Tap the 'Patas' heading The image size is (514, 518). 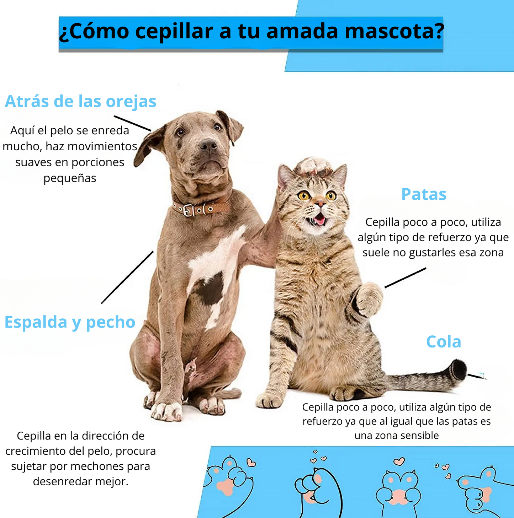click(x=424, y=194)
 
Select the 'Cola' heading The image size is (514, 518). click(x=444, y=342)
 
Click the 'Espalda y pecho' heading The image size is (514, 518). click(x=70, y=322)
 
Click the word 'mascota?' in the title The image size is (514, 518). click(x=394, y=31)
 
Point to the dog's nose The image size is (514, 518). click(x=208, y=144)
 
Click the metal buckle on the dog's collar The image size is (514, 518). click(x=189, y=210)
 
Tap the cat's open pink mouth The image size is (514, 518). click(x=319, y=219)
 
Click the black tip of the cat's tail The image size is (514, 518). click(x=459, y=370)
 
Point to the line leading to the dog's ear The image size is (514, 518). click(x=132, y=123)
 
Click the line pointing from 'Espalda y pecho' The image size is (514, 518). click(x=127, y=277)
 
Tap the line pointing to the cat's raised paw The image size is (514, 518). click(x=405, y=278)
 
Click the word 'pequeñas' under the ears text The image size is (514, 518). click(x=70, y=178)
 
